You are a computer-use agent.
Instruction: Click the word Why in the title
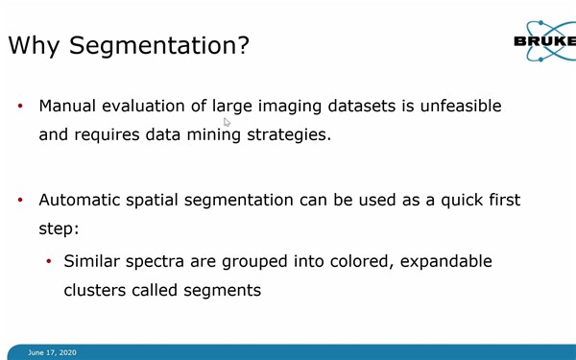(x=36, y=44)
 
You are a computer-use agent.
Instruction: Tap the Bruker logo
(x=544, y=41)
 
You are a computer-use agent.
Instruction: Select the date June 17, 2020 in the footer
(x=52, y=352)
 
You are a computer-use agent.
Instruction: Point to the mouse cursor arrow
(x=227, y=122)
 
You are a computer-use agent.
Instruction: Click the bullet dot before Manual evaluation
(x=20, y=107)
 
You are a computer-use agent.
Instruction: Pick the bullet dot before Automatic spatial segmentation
(x=20, y=201)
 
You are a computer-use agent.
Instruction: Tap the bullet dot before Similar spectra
(x=49, y=261)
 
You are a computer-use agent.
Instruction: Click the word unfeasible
(x=452, y=106)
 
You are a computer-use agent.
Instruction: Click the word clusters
(x=95, y=289)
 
